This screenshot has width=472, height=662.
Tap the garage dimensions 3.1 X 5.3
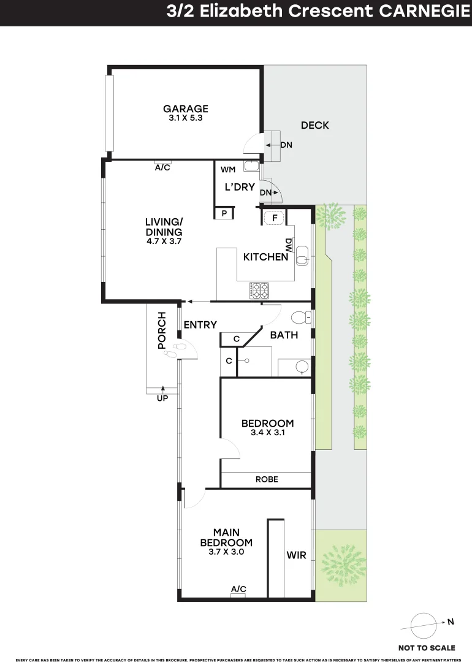[186, 118]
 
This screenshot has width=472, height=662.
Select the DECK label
[314, 125]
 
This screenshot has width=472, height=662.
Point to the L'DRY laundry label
[239, 187]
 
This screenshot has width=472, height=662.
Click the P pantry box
[224, 213]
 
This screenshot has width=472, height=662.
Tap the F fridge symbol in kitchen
[275, 216]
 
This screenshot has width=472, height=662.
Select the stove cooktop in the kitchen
[259, 290]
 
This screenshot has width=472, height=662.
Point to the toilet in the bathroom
[300, 318]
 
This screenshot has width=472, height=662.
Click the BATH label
[284, 335]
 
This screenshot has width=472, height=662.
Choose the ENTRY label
[200, 324]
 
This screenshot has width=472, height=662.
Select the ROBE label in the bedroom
[267, 479]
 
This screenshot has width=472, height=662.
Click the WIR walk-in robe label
[295, 556]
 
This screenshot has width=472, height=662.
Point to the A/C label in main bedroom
[238, 589]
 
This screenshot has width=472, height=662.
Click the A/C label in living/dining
[162, 167]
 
